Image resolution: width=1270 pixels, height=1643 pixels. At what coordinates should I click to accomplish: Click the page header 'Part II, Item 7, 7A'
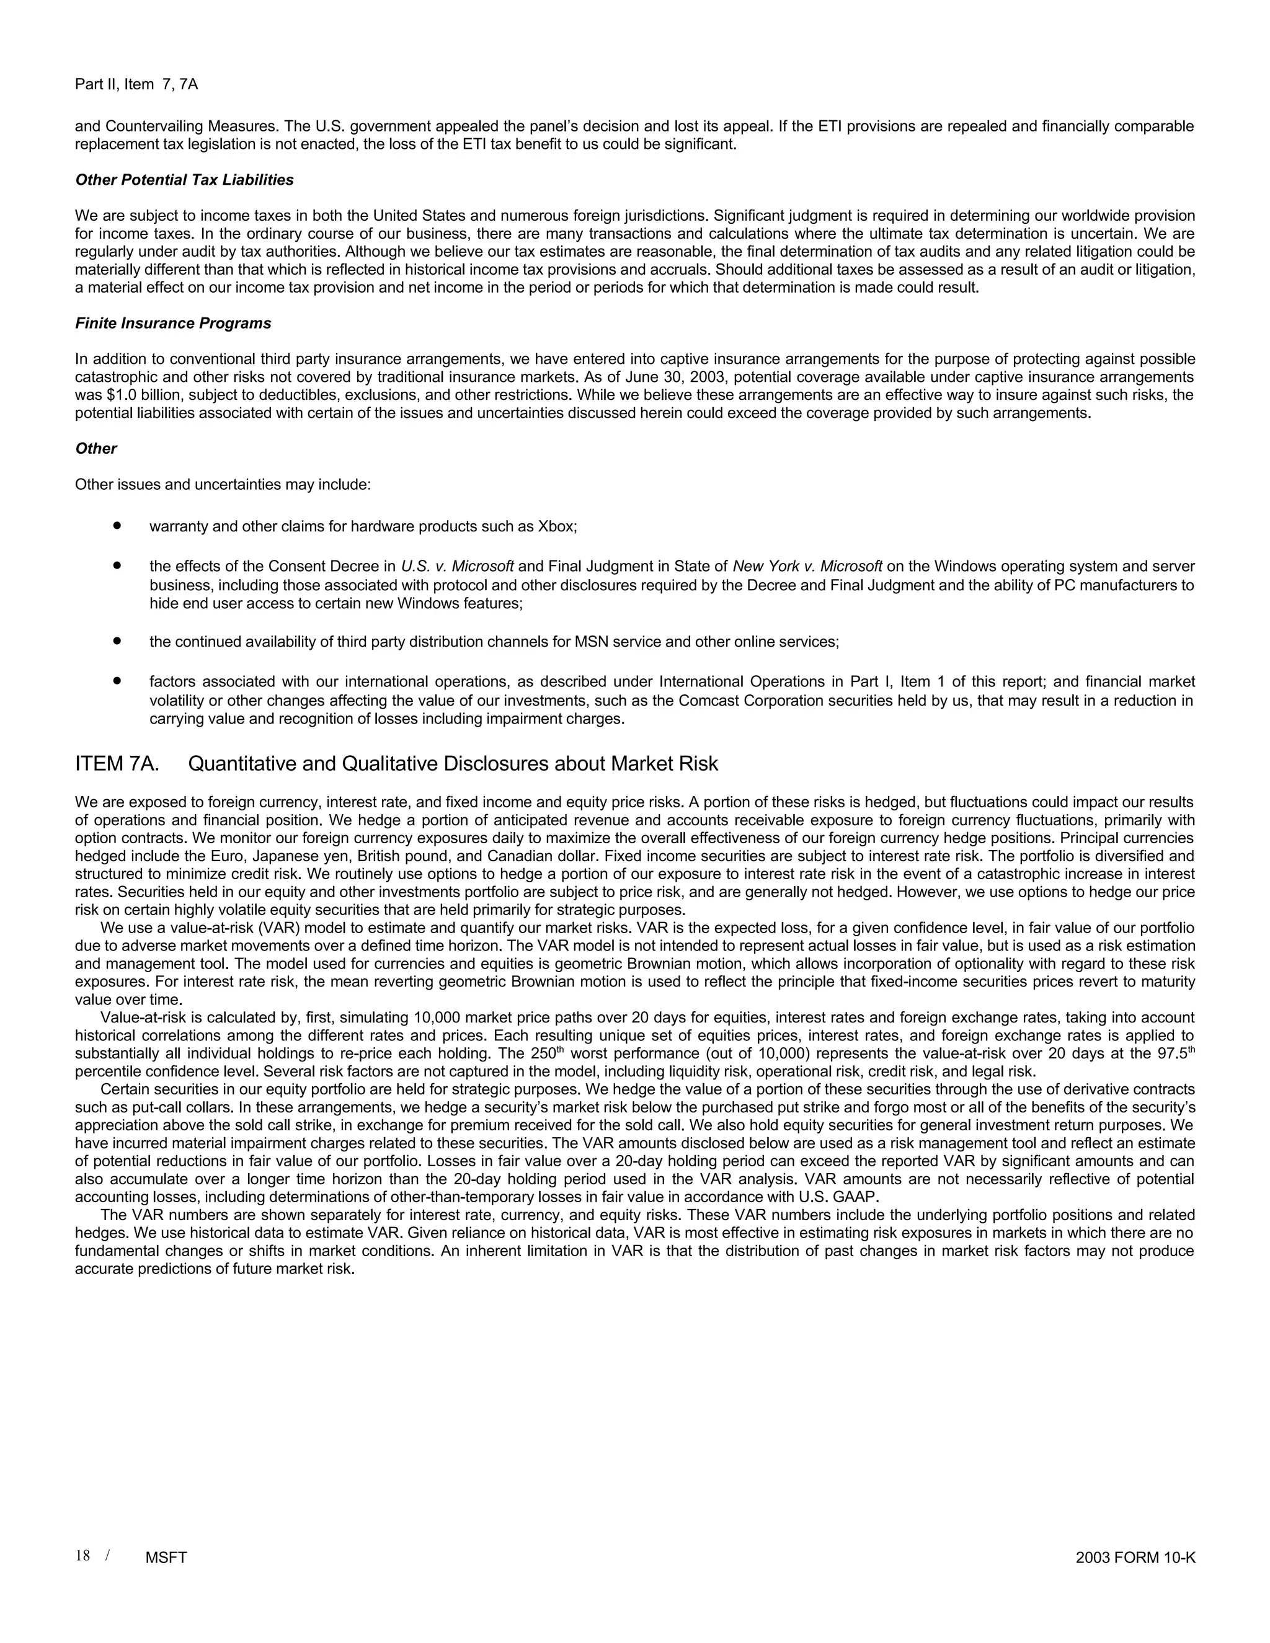click(136, 84)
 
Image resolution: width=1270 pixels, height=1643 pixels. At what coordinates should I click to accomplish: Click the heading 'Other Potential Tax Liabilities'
click(184, 180)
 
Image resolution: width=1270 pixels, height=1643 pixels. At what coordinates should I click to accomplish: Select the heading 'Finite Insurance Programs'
click(173, 324)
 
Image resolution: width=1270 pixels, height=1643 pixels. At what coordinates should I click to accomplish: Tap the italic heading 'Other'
click(95, 449)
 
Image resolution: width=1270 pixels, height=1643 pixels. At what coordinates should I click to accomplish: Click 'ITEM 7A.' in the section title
click(117, 764)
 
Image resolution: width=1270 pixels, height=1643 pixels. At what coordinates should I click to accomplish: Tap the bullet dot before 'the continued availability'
click(117, 642)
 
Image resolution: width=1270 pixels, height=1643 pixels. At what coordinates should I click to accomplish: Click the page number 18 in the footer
click(82, 1556)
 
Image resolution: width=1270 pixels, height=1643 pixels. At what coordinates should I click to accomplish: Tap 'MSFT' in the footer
click(166, 1558)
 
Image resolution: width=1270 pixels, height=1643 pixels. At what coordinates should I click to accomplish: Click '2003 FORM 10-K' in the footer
click(1135, 1558)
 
